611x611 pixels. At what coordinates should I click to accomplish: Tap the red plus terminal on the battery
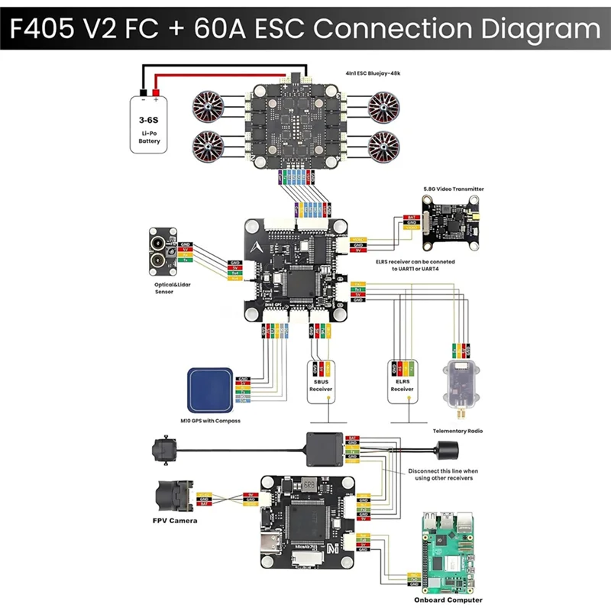[x=156, y=99]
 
